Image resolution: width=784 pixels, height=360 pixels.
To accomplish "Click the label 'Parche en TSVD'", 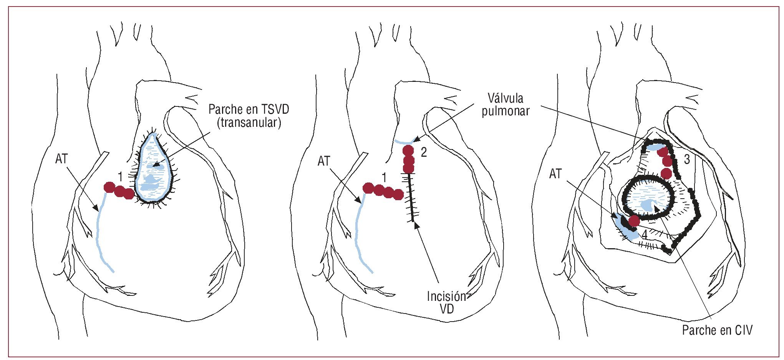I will [249, 110].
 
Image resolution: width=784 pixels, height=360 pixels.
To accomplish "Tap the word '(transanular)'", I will [249, 123].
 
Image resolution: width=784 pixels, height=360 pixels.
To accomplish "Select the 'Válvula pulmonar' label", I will [505, 105].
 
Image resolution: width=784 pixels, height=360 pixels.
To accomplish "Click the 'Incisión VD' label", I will [446, 302].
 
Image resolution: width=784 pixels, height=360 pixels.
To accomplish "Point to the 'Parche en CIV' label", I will [717, 330].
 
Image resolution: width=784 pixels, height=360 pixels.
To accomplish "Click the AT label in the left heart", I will [61, 159].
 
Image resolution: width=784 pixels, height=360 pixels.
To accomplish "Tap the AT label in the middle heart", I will [324, 161].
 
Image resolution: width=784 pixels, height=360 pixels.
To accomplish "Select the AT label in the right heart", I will [555, 174].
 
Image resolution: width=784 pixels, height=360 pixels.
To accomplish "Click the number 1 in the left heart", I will [120, 177].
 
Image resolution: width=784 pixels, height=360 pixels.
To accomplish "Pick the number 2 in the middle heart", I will [424, 153].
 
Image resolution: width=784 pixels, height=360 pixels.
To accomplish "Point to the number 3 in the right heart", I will [687, 159].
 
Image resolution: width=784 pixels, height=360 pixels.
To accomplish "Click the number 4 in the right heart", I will [644, 234].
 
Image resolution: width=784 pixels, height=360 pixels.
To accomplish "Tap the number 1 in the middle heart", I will [384, 178].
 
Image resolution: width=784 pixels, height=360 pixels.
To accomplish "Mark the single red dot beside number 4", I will [634, 221].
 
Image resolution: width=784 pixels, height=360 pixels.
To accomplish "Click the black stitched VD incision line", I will [411, 198].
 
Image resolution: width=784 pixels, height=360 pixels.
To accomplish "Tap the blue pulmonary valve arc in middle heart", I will [404, 142].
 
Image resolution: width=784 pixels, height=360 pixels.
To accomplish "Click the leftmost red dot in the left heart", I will [109, 187].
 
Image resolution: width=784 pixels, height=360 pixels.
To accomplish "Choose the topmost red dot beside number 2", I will [408, 151].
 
